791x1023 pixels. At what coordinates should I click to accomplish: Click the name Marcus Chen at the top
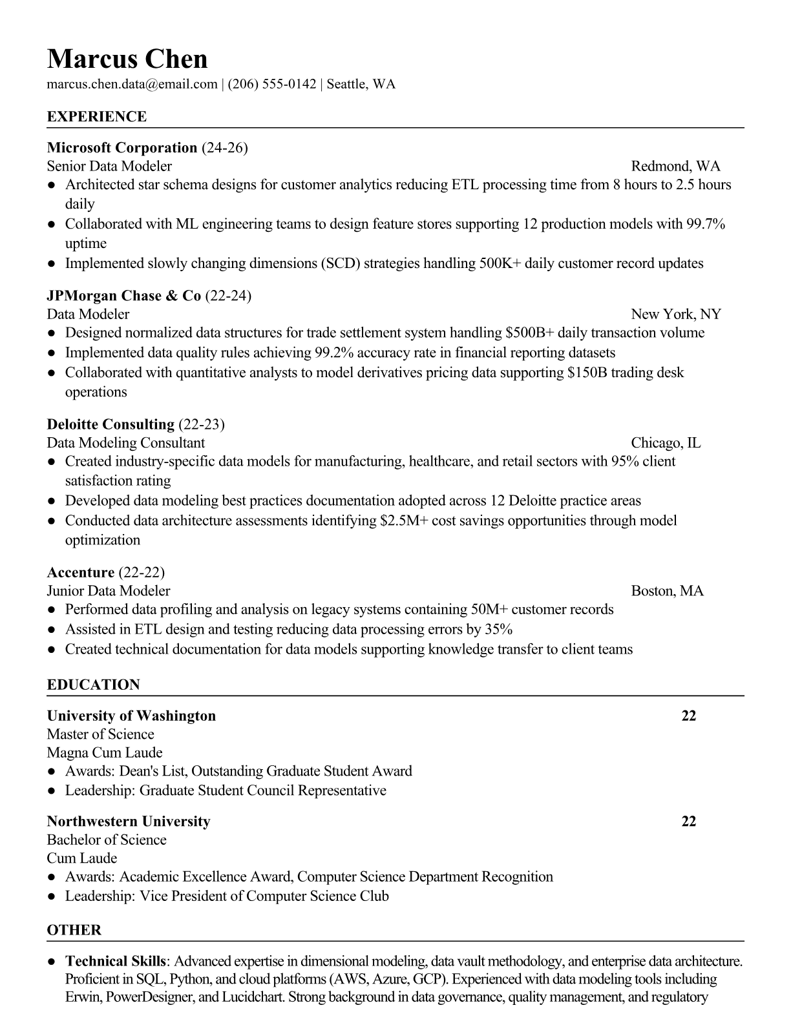pos(127,59)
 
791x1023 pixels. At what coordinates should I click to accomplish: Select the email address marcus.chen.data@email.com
pos(132,84)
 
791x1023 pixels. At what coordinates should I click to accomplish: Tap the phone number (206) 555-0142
pos(272,84)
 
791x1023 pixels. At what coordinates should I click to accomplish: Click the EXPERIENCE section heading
pos(97,117)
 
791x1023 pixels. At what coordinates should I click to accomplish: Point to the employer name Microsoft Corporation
pos(122,148)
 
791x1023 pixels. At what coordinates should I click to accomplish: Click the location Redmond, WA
pos(675,167)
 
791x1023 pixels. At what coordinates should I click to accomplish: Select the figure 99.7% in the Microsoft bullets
pos(706,224)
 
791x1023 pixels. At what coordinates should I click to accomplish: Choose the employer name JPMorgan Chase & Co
pos(124,296)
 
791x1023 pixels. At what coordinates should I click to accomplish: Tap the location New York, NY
pos(676,315)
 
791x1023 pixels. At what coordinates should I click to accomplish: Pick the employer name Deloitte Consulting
pos(111,424)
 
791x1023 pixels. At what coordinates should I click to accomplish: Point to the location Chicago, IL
pos(666,443)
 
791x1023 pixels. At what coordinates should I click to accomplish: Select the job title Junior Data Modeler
pos(109,591)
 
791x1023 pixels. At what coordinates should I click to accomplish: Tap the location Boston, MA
pos(667,591)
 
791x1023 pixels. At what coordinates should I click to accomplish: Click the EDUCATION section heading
pos(94,685)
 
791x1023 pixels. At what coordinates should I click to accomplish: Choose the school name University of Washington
pos(131,716)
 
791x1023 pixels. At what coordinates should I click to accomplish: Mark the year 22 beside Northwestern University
pos(689,821)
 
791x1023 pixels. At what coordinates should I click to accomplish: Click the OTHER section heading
pos(74,931)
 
